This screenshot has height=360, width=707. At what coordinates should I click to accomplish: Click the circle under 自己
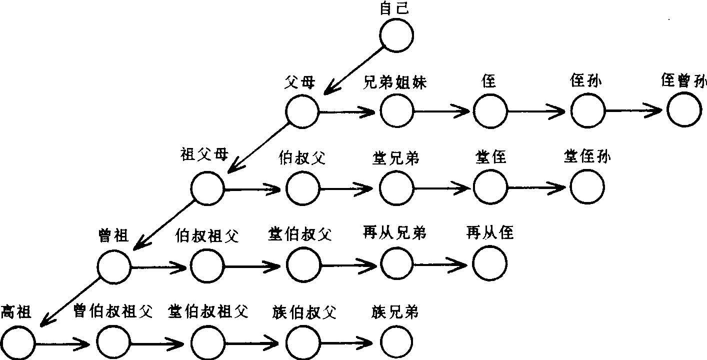[396, 34]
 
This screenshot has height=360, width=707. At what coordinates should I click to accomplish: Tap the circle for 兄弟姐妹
[396, 110]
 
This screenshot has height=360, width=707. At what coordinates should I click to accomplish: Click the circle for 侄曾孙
[683, 110]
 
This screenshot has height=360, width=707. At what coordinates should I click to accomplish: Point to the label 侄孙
[585, 81]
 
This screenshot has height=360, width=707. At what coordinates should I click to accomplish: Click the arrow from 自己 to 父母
[354, 69]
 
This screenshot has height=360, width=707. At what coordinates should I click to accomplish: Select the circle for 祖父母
[207, 188]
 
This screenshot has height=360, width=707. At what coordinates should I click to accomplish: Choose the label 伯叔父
[301, 158]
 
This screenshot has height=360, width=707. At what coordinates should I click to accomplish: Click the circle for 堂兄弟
[396, 188]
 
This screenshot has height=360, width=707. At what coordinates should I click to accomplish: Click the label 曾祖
[114, 234]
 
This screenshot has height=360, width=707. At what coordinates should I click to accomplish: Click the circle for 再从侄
[489, 263]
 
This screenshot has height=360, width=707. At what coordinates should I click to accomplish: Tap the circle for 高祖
[18, 342]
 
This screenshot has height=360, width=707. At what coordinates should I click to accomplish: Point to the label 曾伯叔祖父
[111, 312]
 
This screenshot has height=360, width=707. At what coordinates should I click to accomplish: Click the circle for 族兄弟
[396, 342]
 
